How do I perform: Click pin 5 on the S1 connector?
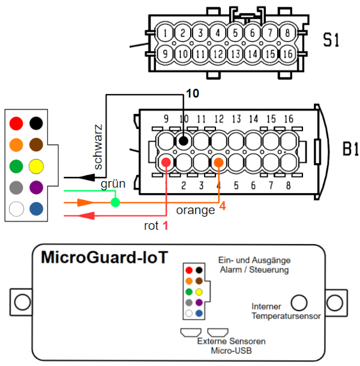[x=235, y=32]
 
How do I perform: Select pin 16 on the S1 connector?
[x=287, y=54]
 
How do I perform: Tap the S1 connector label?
[x=331, y=40]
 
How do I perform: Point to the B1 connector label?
[x=350, y=149]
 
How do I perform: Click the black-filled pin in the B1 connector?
[x=184, y=141]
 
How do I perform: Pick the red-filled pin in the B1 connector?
[x=166, y=162]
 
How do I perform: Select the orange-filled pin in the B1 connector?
[x=219, y=162]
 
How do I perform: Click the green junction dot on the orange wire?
[x=115, y=202]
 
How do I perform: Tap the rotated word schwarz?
[x=98, y=147]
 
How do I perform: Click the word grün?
[x=113, y=184]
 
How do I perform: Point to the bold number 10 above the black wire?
[x=193, y=94]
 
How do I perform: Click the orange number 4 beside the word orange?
[x=223, y=206]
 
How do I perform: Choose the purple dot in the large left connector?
[x=36, y=187]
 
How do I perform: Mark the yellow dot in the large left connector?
[x=36, y=166]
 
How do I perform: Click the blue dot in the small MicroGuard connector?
[x=199, y=313]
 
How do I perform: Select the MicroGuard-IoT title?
[x=104, y=257]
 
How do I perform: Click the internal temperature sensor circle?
[x=299, y=303]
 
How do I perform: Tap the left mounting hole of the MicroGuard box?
[x=22, y=302]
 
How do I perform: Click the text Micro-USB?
[x=231, y=350]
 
